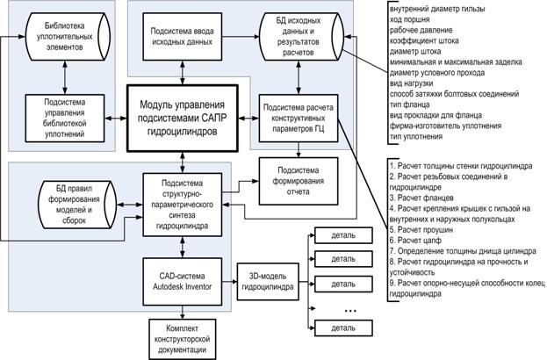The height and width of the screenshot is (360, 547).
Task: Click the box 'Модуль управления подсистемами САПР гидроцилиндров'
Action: click(x=182, y=119)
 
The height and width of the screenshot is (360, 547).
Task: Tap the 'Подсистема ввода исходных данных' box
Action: click(x=182, y=37)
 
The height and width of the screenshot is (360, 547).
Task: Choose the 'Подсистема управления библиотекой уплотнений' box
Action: click(x=65, y=119)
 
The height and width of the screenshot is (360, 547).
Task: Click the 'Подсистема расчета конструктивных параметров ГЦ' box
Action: click(x=299, y=119)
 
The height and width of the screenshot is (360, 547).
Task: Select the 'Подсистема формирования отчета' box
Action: click(x=299, y=181)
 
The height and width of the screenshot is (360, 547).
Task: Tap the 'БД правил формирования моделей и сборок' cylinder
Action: click(x=77, y=205)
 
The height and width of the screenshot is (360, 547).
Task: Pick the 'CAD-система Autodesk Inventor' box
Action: click(x=182, y=282)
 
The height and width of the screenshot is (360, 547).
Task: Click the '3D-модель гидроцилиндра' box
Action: click(x=268, y=282)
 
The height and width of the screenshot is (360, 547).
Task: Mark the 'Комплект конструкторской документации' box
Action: click(x=182, y=339)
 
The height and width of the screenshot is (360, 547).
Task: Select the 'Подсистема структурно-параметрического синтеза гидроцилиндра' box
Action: click(x=182, y=205)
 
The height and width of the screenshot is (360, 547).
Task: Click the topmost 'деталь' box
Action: click(x=343, y=235)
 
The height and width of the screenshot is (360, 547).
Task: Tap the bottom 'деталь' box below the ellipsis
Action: click(x=343, y=328)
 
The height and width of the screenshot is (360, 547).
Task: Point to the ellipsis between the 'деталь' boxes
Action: click(x=350, y=311)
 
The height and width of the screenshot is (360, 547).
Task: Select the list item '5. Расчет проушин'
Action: click(x=421, y=230)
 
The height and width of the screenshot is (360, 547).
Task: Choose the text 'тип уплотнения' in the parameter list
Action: click(x=416, y=137)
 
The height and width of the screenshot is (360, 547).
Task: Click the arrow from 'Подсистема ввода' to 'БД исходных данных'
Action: click(x=241, y=36)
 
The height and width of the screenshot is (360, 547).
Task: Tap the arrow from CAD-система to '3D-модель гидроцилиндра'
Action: click(x=229, y=282)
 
